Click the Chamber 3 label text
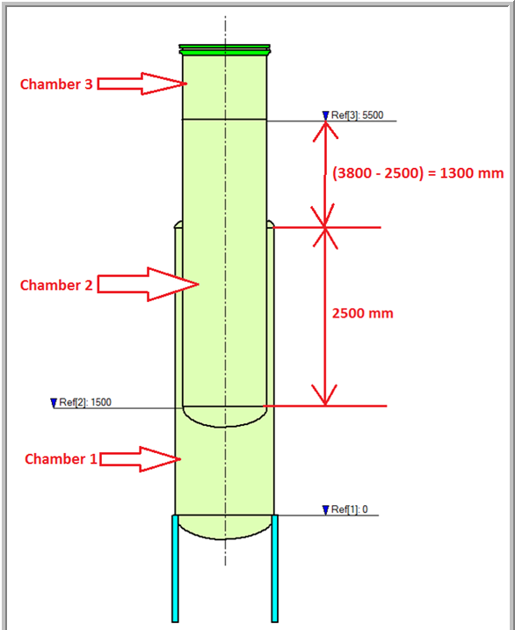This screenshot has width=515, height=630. (x=56, y=84)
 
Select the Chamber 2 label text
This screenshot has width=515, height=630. (x=56, y=285)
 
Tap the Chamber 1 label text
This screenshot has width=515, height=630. (x=61, y=458)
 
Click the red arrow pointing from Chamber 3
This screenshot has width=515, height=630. (x=142, y=84)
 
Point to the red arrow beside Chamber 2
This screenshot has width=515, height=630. (x=149, y=284)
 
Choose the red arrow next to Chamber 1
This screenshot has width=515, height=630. (x=141, y=458)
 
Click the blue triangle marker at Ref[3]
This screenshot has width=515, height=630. (x=325, y=116)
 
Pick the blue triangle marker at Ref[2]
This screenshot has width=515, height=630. (x=54, y=403)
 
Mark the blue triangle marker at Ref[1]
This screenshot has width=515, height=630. (x=325, y=510)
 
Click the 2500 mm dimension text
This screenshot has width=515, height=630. (x=362, y=313)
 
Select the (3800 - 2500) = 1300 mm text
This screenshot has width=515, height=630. (x=417, y=173)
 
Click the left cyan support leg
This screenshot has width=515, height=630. (x=175, y=568)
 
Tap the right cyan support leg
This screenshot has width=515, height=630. (x=274, y=568)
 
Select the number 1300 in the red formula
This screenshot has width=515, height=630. (x=455, y=173)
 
